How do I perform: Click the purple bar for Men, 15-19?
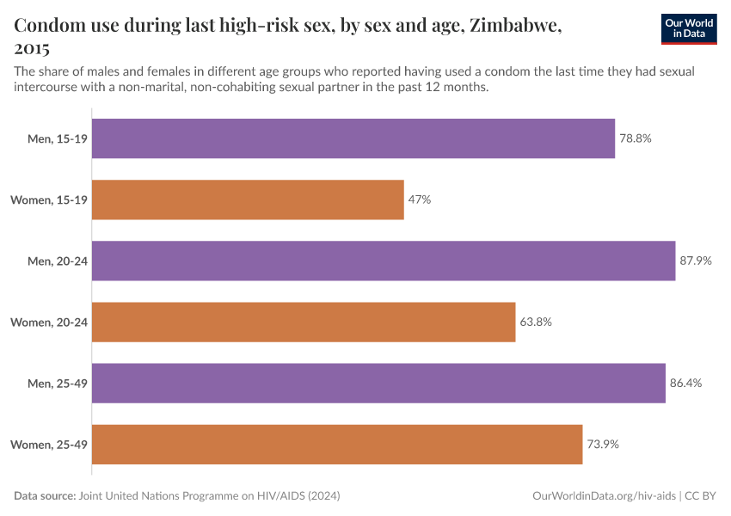pyautogui.click(x=353, y=138)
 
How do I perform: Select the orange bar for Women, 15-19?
pyautogui.click(x=248, y=200)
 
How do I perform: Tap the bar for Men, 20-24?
pyautogui.click(x=384, y=261)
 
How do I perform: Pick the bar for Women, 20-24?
pyautogui.click(x=304, y=322)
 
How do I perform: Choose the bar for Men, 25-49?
pyautogui.click(x=378, y=383)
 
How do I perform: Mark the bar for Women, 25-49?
pyautogui.click(x=337, y=444)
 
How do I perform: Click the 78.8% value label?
pyautogui.click(x=636, y=138)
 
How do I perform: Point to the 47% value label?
pyautogui.click(x=420, y=200)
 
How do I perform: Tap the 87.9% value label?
pyautogui.click(x=696, y=261)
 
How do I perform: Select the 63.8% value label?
pyautogui.click(x=536, y=322)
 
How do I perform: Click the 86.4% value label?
pyautogui.click(x=686, y=383)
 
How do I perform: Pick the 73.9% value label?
pyautogui.click(x=603, y=444)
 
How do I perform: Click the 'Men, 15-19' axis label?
pyautogui.click(x=58, y=138)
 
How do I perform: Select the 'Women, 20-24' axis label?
pyautogui.click(x=49, y=322)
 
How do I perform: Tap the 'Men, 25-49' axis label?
pyautogui.click(x=58, y=383)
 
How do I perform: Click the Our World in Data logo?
pyautogui.click(x=688, y=28)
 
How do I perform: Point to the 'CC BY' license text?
pyautogui.click(x=701, y=496)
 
